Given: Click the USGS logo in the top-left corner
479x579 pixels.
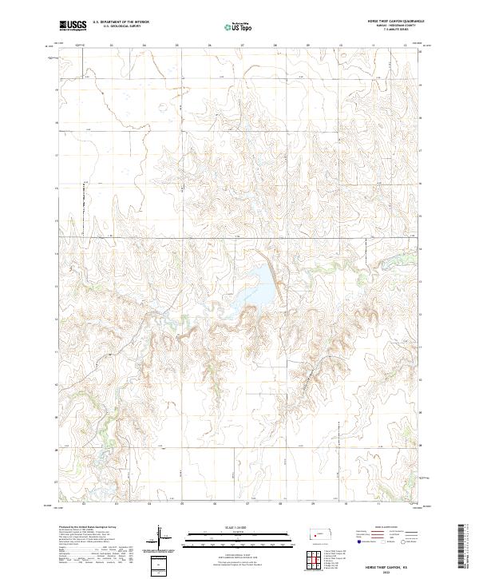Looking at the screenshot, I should coord(74,26).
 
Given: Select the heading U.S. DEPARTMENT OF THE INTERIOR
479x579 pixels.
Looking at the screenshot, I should coord(121,22).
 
